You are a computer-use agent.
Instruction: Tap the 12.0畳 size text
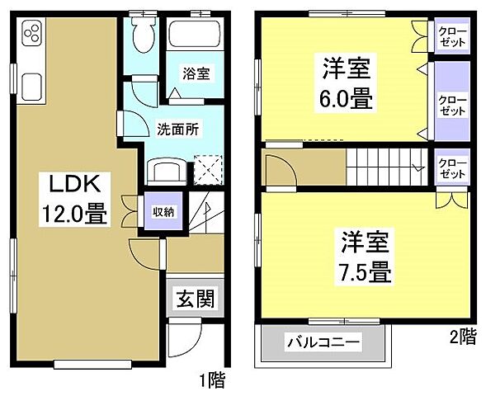click(73, 216)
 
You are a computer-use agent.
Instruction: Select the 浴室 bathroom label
click(196, 73)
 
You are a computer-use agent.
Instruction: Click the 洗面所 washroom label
click(177, 129)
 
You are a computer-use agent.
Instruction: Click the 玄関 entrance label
click(195, 299)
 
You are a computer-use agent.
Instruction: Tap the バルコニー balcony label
click(323, 341)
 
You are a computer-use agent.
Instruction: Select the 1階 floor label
click(212, 380)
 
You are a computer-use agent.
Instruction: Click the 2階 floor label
click(463, 336)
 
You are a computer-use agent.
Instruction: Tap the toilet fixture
click(144, 34)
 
